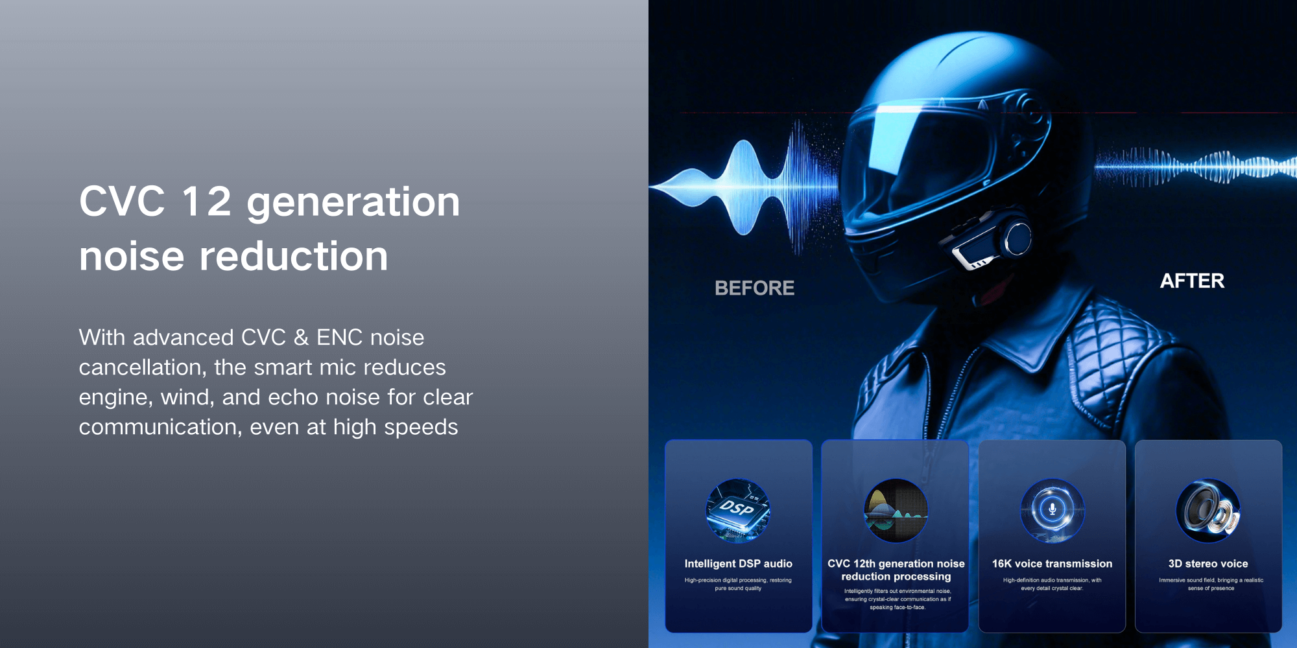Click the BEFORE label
click(754, 288)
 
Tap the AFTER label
click(1192, 281)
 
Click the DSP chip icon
click(738, 511)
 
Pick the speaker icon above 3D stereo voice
click(1208, 511)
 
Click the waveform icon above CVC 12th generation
click(896, 511)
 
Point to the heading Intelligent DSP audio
click(738, 564)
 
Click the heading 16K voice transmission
click(1052, 564)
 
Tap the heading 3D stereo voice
click(1208, 564)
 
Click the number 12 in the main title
click(206, 201)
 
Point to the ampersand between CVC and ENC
click(301, 338)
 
